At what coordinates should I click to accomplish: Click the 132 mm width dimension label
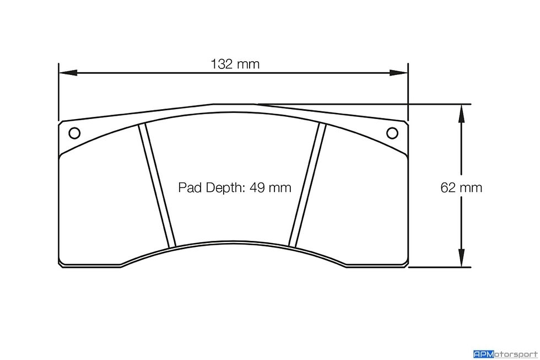pos(235,64)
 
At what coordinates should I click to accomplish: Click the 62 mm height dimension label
pos(461,188)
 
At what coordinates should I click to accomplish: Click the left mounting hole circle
pos(74,133)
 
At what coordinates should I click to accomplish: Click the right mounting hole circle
pos(392,133)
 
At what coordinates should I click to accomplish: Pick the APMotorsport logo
pos(505,353)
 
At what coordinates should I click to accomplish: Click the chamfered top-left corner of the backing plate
pos(62,123)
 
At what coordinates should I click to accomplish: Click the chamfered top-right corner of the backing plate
pos(404,123)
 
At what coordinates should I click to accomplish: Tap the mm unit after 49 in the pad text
pos(279,188)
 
